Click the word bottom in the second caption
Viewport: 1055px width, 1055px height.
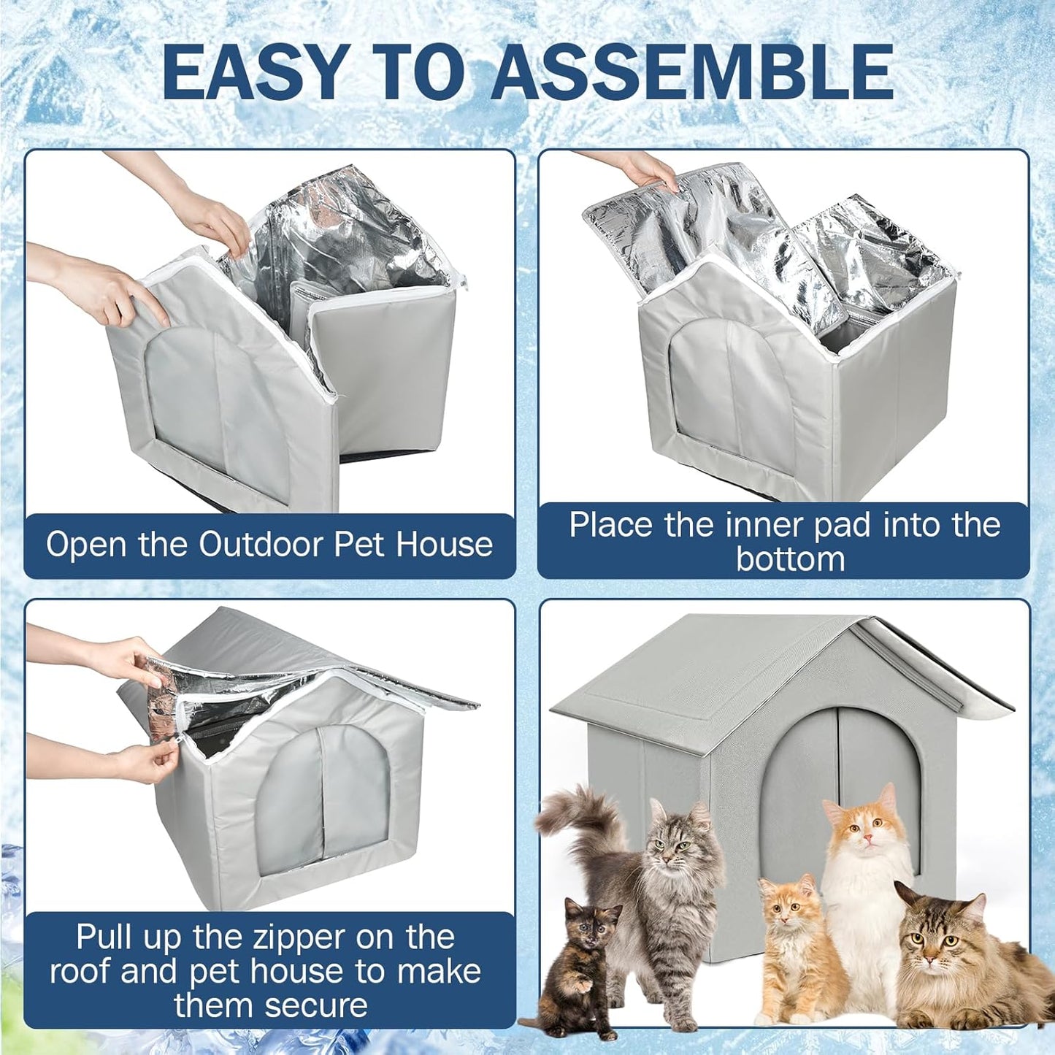(790, 559)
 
